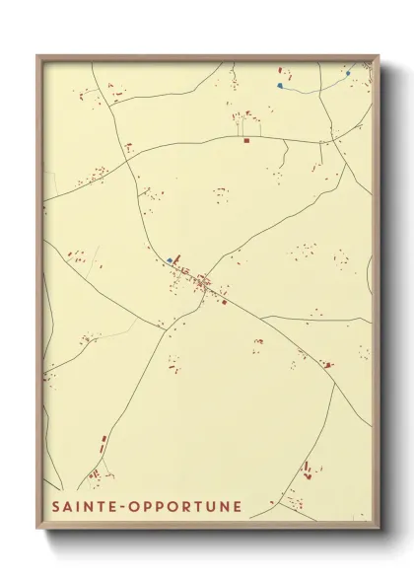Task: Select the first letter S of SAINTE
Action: point(52,507)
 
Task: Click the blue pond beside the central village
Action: point(170,260)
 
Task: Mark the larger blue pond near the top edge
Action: point(281,86)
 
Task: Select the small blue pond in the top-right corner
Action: point(349,72)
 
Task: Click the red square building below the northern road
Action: point(245,140)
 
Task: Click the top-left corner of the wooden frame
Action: point(38,56)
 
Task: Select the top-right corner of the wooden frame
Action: point(379,56)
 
